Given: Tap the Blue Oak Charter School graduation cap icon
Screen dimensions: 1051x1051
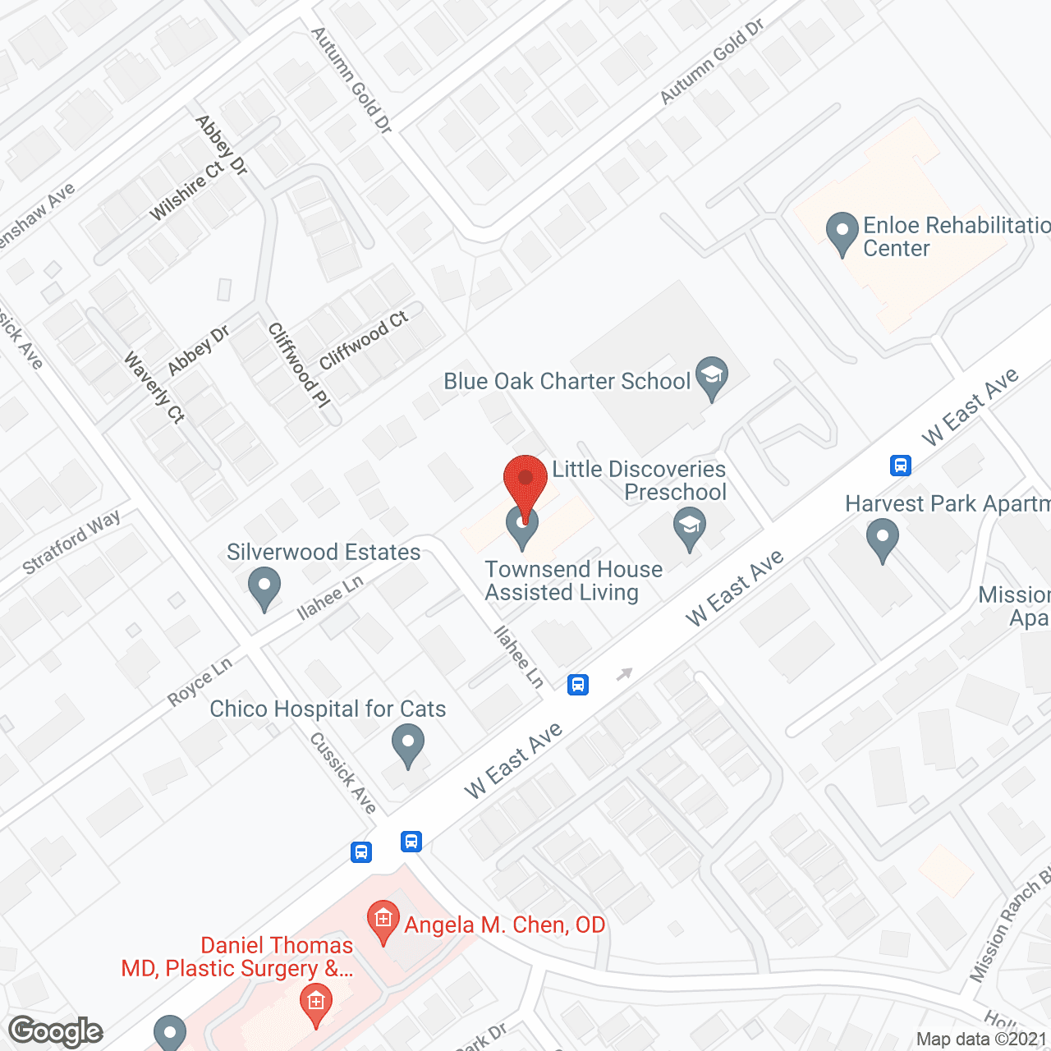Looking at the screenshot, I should coord(711,377).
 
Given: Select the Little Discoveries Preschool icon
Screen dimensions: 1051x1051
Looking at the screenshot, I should coord(690,527).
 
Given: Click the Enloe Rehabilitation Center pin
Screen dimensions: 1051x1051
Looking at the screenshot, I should coord(842,233).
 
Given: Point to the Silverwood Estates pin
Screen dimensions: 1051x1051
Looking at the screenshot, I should coord(264,588).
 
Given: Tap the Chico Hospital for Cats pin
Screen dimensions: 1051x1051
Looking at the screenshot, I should coord(408,744).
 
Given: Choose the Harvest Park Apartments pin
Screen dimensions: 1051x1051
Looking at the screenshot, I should coord(882,541).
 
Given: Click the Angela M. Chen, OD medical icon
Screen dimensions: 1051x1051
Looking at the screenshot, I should coord(383,920).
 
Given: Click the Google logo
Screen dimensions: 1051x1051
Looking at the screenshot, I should coord(56,1031).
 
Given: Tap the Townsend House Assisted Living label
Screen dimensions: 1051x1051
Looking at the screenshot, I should coord(573,581).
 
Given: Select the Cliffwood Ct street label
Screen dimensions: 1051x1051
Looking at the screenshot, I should coord(363,341).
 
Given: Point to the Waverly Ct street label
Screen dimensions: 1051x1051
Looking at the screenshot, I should coord(154,388).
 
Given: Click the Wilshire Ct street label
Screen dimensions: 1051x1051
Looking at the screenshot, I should coord(186,191).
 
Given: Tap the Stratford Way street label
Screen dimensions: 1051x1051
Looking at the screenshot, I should coord(71,543).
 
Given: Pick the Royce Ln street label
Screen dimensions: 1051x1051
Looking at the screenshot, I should coord(200,681).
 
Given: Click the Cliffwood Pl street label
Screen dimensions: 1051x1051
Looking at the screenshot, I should coord(299,365).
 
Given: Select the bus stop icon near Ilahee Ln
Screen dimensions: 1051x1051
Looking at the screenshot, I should coord(578,684).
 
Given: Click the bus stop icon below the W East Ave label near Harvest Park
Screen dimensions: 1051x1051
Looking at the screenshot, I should coord(901,466).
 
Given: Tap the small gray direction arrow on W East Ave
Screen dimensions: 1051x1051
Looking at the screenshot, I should coord(625,674).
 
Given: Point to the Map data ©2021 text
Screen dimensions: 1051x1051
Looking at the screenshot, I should coord(982,1040).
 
